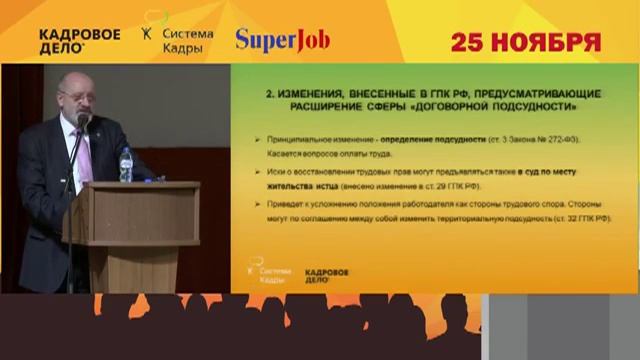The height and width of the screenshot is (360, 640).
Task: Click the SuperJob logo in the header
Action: [x=282, y=40]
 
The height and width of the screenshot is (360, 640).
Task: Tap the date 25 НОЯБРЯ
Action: [x=525, y=42]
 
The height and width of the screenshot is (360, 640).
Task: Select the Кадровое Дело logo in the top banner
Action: [x=80, y=39]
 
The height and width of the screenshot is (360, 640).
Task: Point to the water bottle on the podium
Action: [x=126, y=165]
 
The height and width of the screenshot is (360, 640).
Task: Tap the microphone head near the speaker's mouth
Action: [x=84, y=120]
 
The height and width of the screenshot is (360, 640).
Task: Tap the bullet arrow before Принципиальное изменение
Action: [x=257, y=141]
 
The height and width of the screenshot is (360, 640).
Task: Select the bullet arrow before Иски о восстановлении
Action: [x=257, y=172]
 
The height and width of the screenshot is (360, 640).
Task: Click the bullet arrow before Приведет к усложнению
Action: [x=257, y=204]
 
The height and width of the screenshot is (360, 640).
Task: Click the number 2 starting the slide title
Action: [x=269, y=91]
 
